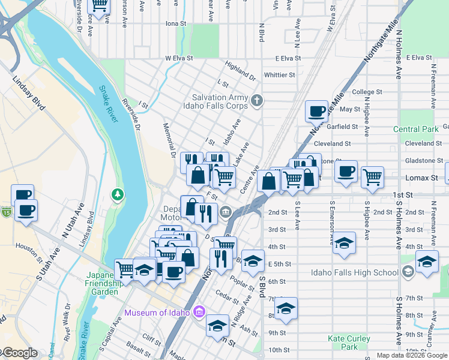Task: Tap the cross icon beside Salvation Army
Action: (257, 100)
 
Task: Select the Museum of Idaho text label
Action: (157, 312)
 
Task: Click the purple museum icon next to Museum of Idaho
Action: (200, 312)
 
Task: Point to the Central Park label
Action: (416, 129)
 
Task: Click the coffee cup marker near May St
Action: (316, 111)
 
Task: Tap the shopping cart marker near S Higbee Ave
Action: (373, 176)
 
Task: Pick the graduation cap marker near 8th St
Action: (286, 308)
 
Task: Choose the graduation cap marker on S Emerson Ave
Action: (344, 242)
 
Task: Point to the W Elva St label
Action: (179, 58)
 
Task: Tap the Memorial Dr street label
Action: (169, 140)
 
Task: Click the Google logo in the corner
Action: (19, 353)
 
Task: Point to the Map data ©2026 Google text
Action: (412, 355)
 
